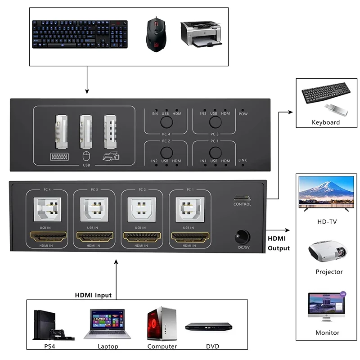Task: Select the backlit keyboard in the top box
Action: [x=80, y=35]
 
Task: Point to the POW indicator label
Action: [x=243, y=114]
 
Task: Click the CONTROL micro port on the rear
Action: [x=242, y=198]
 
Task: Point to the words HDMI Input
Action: [x=93, y=295]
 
